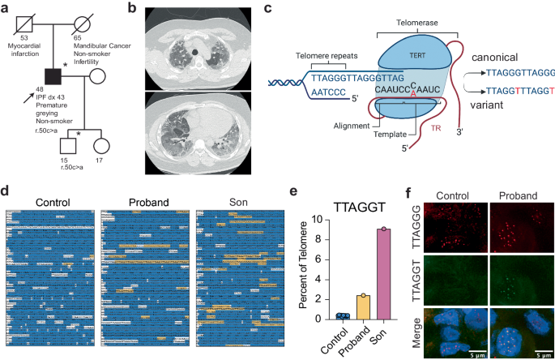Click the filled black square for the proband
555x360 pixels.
coord(53,77)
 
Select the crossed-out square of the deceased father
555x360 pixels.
coord(28,23)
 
